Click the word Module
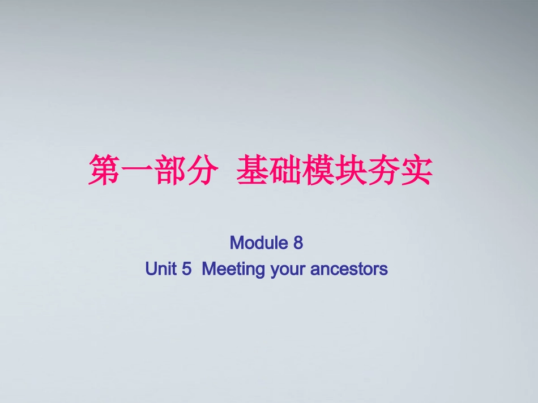259,243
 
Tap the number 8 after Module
298,243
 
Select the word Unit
161,269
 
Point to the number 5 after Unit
187,269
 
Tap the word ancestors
349,270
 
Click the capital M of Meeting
208,269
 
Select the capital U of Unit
151,269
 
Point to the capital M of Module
237,243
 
